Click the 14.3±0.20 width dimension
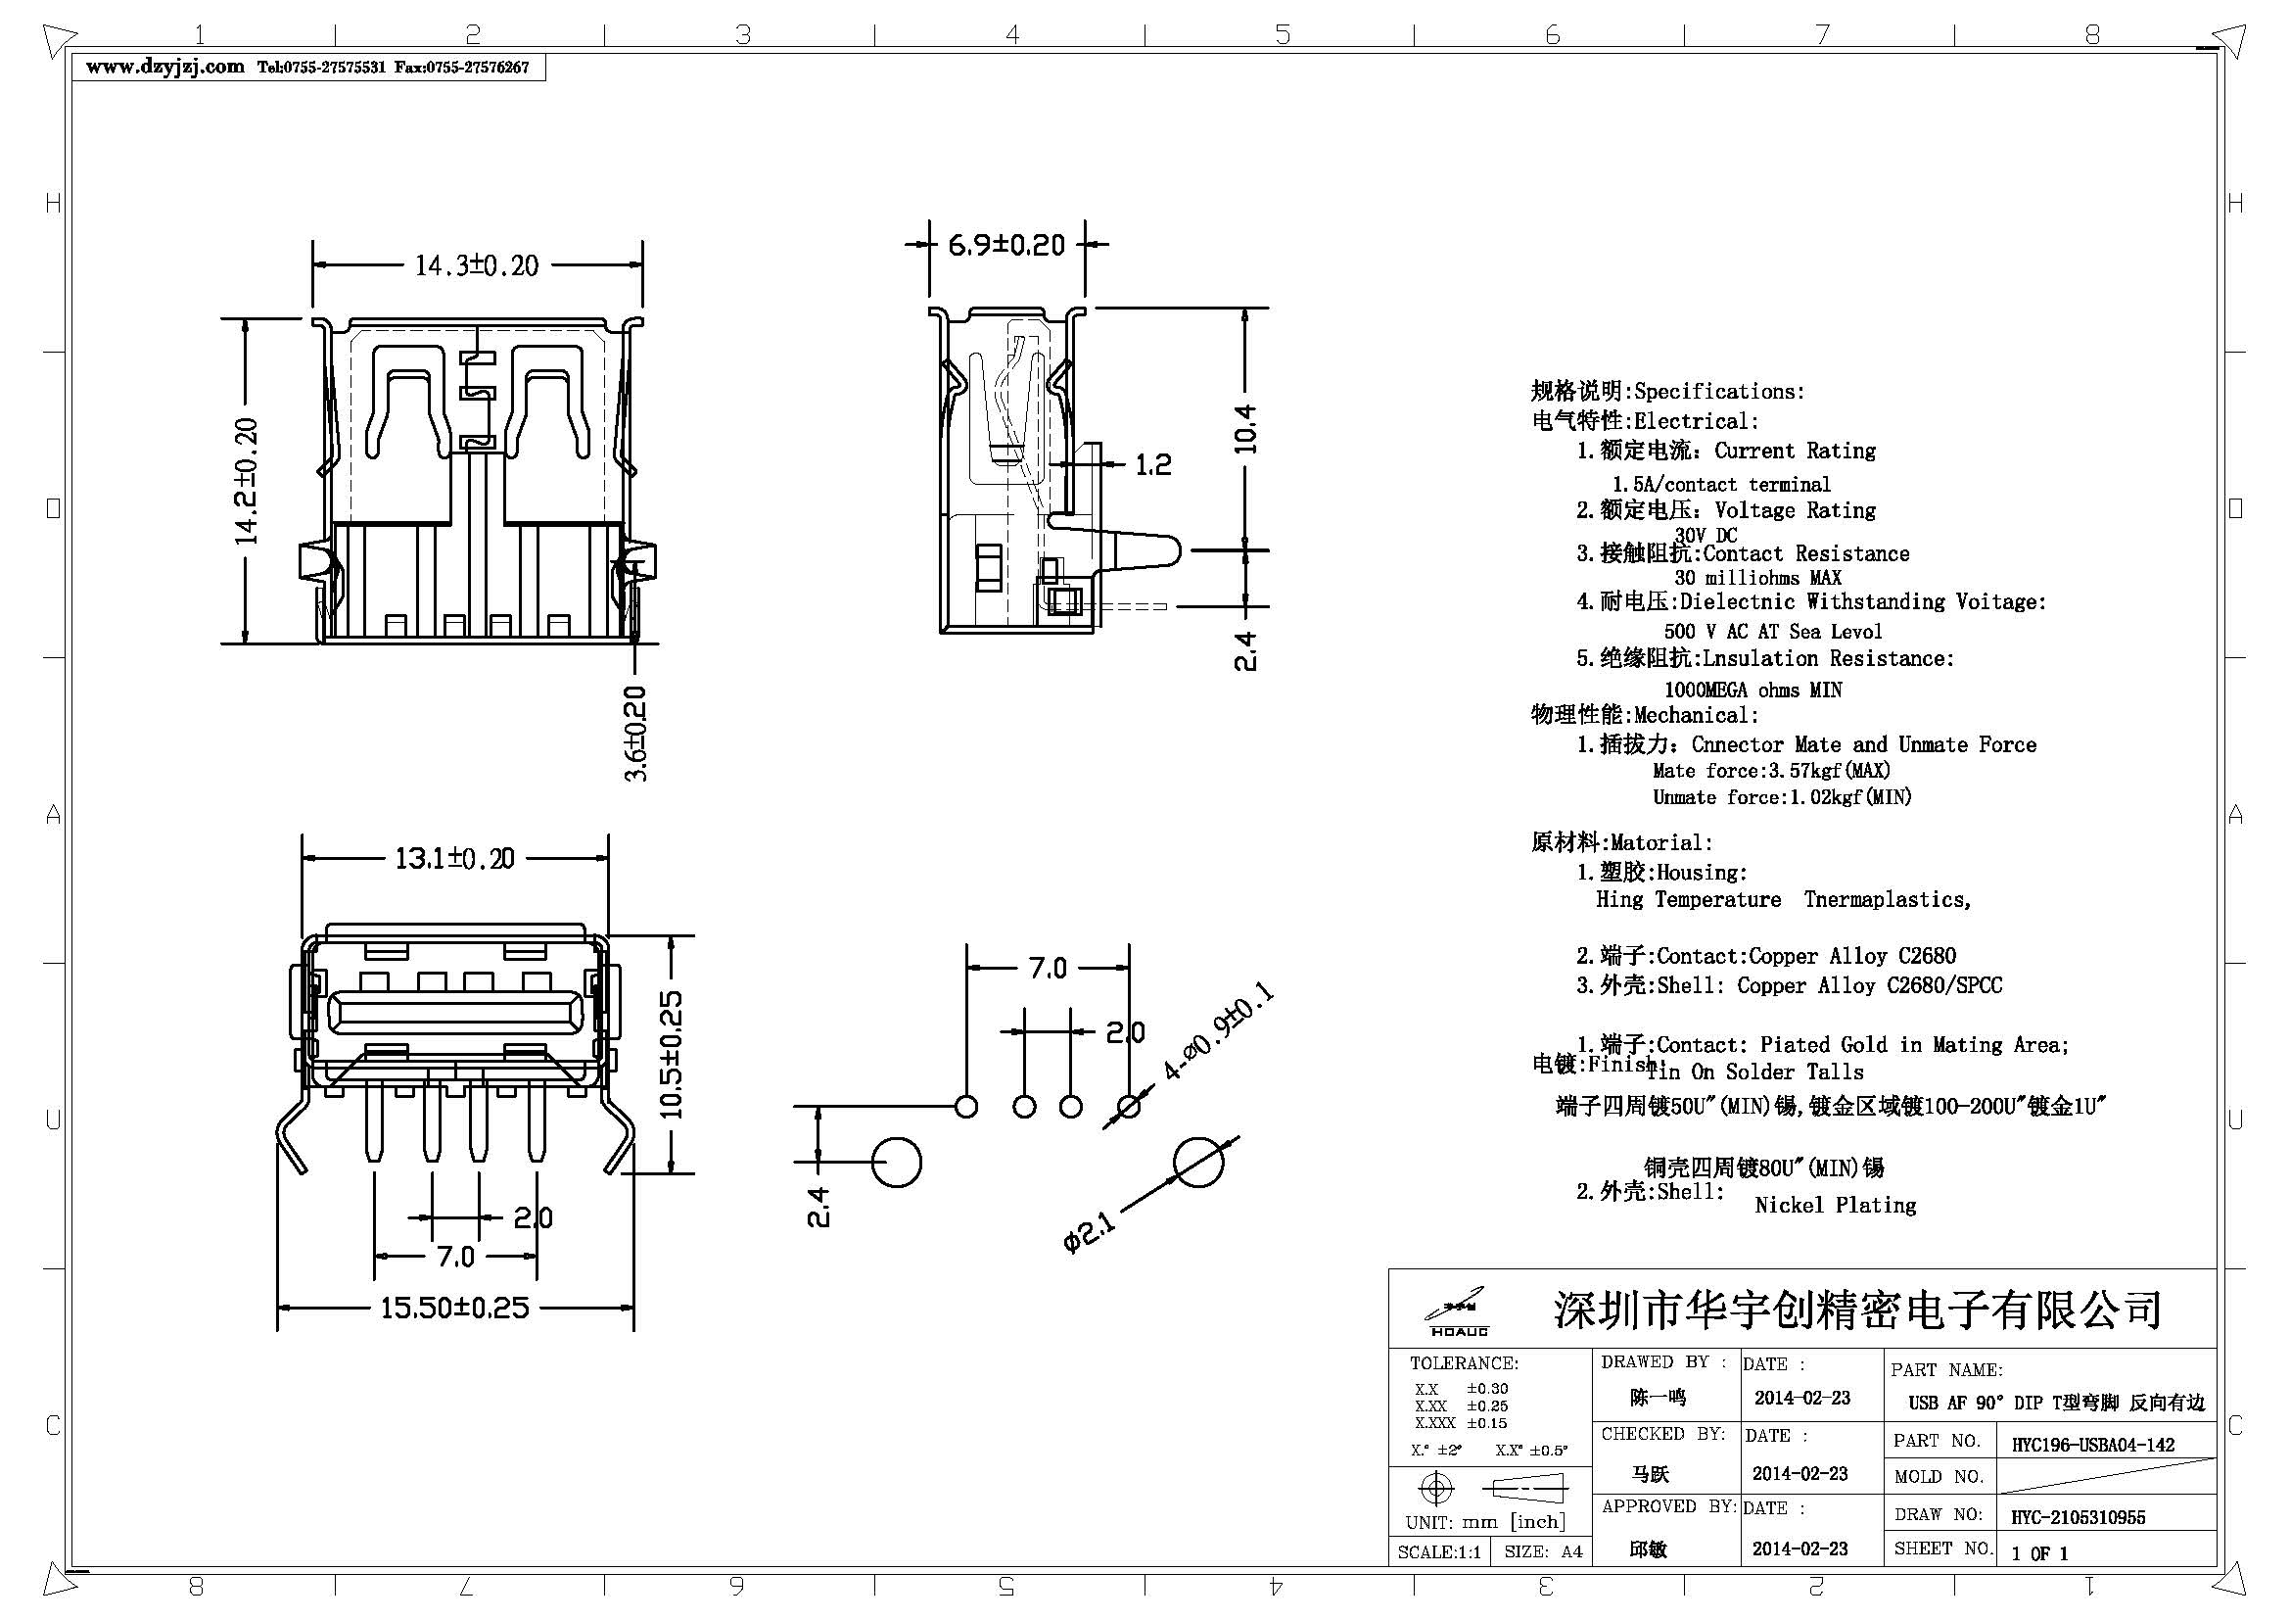477,265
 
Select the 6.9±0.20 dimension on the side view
1005,245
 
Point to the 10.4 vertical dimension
1245,429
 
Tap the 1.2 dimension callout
1153,465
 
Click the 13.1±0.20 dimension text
455,859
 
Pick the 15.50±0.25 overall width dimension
455,1308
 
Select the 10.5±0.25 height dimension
673,1054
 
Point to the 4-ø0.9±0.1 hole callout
1217,1032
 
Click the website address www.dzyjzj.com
164,67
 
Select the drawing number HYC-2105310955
2078,1517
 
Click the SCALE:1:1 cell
1438,1552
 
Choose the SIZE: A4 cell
1542,1552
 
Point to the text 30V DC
1706,536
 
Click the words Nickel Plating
1835,1205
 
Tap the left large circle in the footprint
897,1164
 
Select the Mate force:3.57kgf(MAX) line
1770,770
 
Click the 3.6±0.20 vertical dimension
636,734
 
